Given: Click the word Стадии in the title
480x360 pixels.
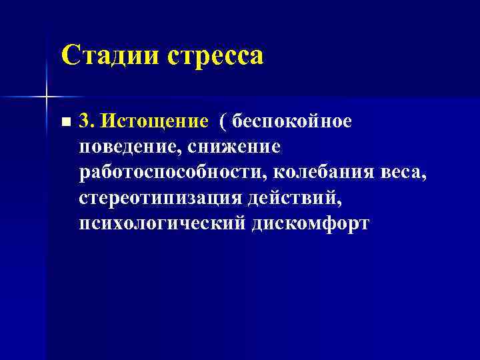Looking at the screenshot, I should tap(109, 55).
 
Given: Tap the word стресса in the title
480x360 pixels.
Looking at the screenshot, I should tap(215, 56).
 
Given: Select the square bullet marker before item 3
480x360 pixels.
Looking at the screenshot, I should tap(64, 123).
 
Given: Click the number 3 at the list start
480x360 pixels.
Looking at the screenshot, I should tap(83, 121).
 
